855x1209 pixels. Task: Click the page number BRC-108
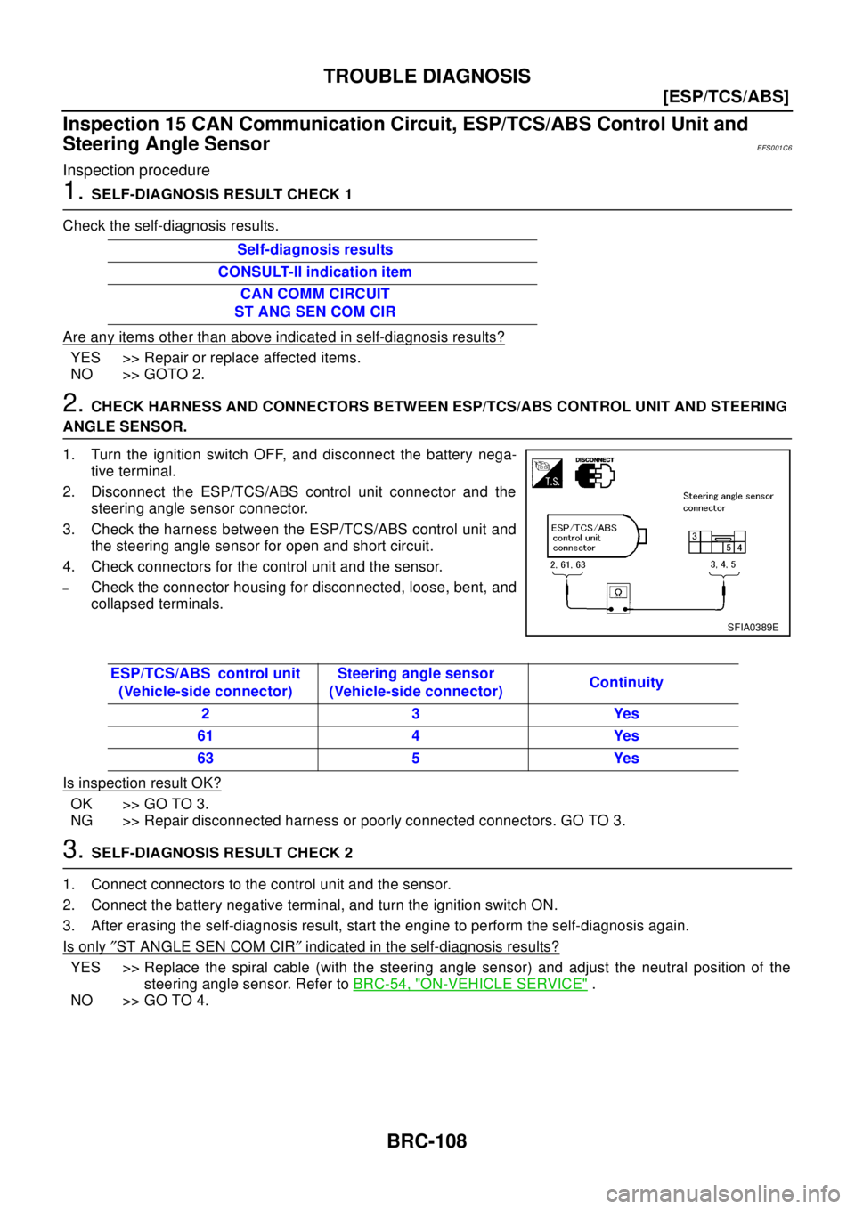click(x=427, y=1140)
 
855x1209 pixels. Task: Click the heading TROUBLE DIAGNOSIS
click(x=427, y=76)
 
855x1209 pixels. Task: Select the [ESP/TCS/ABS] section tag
click(x=726, y=97)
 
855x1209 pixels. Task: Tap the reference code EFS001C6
click(x=774, y=148)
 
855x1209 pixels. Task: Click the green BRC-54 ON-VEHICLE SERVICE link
click(x=470, y=984)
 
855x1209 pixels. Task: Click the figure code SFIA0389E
click(x=753, y=627)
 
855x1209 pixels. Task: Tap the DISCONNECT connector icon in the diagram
click(x=595, y=472)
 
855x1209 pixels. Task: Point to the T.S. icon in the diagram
click(x=548, y=474)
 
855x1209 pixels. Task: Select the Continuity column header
click(x=626, y=682)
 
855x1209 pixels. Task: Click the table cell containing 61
click(x=205, y=735)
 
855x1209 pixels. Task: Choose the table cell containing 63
click(x=205, y=758)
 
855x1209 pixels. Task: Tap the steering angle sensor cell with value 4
click(x=416, y=735)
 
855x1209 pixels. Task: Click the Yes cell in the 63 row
click(x=626, y=758)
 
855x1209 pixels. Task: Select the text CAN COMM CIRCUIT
click(x=314, y=294)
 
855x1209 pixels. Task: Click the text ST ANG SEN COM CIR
click(x=314, y=312)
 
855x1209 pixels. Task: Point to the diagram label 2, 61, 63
click(x=567, y=564)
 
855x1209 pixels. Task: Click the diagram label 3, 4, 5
click(x=723, y=564)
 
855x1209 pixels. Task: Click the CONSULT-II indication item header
click(x=314, y=272)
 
